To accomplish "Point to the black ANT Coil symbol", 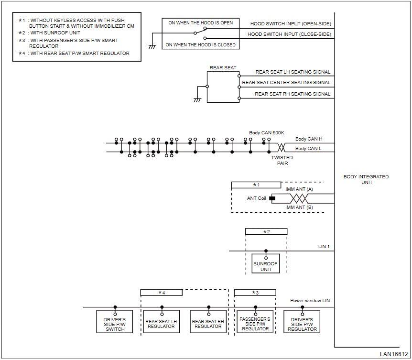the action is point(272,198).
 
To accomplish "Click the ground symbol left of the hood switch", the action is point(152,47).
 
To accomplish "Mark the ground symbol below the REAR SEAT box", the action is point(197,100).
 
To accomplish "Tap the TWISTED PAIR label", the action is point(282,160).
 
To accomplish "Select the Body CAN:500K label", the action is point(266,133).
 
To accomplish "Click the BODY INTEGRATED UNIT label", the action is point(366,179).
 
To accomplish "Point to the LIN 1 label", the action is point(324,247).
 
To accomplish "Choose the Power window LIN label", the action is point(310,300).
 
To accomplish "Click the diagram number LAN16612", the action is point(394,354).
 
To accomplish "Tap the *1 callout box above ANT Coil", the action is point(256,185).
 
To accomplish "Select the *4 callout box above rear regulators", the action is point(162,293).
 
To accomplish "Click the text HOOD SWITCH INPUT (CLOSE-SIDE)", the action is point(289,34).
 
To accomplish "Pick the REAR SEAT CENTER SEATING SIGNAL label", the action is point(286,83).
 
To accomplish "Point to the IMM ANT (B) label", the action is point(299,207).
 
